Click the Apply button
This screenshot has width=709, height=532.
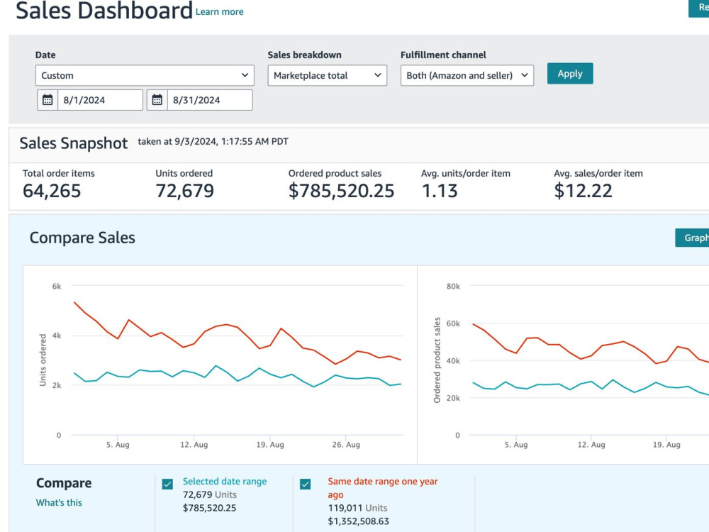(x=570, y=74)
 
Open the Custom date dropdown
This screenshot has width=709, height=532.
(x=145, y=76)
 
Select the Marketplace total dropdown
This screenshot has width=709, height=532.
(x=327, y=76)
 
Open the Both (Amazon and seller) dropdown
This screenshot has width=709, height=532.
(x=467, y=76)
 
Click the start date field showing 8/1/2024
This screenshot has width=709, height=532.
(x=100, y=100)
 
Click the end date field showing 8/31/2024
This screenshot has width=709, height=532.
(x=210, y=100)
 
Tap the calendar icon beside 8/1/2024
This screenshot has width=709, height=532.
(x=48, y=100)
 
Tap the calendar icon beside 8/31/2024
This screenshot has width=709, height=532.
(x=157, y=100)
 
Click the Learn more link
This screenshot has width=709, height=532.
(x=219, y=12)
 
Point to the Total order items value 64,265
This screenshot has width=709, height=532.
(x=52, y=191)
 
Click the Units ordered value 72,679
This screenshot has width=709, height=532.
(x=184, y=191)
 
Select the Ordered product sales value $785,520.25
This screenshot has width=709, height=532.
(x=342, y=191)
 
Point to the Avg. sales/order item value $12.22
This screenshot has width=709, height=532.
(x=583, y=191)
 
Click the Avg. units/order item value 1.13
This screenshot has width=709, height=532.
(x=440, y=191)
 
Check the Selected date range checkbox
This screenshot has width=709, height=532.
(x=167, y=484)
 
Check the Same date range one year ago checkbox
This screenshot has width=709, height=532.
(x=305, y=484)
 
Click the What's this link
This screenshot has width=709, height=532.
(x=60, y=503)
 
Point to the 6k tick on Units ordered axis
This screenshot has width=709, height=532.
(x=57, y=287)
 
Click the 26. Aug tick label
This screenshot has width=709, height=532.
(x=347, y=445)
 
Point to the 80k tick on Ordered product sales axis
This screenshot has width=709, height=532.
(x=453, y=287)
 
